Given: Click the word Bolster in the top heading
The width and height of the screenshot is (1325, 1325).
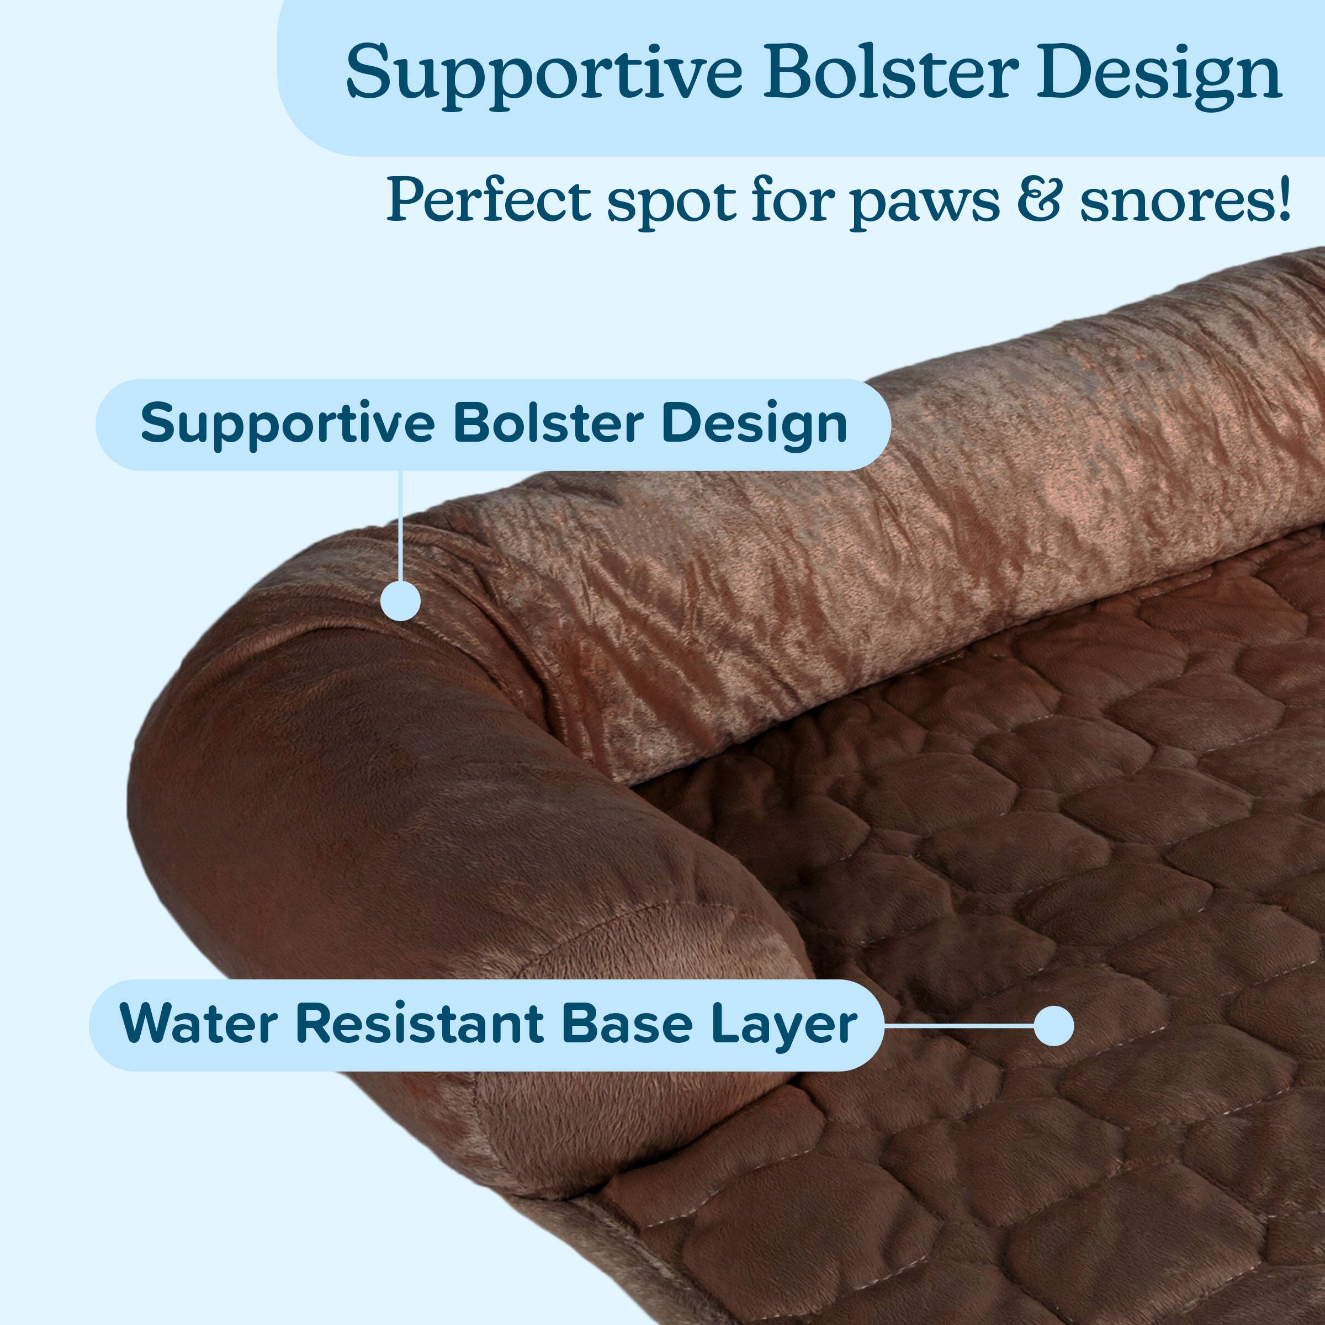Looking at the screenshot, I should (890, 73).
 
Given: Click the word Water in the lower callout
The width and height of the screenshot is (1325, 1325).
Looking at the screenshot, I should (198, 1025).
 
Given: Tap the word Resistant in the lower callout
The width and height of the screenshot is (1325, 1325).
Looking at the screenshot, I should (419, 1025).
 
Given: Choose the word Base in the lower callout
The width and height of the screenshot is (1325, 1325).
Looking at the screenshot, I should (627, 1025).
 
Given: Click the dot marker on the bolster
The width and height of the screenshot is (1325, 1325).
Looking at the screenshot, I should (400, 601).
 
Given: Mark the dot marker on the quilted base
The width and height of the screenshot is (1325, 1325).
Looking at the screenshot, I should (1053, 1026).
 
